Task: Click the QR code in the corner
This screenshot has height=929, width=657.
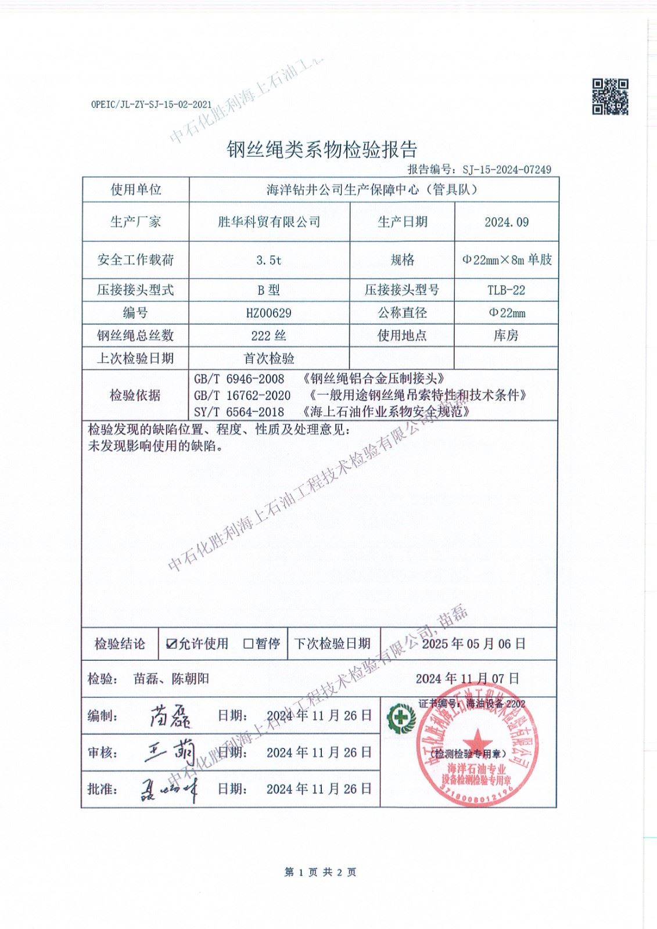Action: coord(610,96)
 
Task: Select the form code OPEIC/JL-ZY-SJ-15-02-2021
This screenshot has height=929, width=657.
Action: coord(151,105)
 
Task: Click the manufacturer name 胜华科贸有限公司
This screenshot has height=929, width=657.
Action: coord(269,222)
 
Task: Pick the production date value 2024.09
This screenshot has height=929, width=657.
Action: coord(506,222)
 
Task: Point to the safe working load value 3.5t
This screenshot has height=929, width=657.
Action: coord(269,260)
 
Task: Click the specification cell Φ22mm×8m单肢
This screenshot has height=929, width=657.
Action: coord(506,260)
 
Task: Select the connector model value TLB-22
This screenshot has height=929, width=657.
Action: coord(506,290)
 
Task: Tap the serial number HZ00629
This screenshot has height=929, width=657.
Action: coord(269,313)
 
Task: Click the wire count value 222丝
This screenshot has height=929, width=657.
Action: coord(269,336)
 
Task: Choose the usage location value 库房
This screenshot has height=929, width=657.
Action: coord(506,336)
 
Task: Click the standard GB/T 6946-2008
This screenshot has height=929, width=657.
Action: coord(239,379)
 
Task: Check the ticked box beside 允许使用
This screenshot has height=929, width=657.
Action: coord(171,643)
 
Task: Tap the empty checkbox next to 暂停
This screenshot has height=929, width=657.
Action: coord(248,643)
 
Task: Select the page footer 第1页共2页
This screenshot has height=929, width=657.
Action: coord(320,872)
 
